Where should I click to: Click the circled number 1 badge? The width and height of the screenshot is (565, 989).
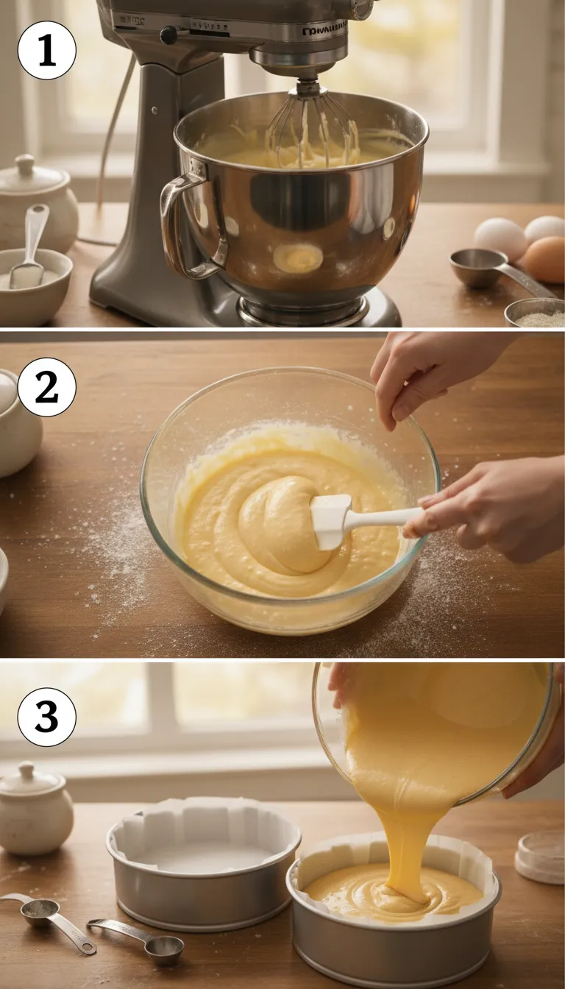pyautogui.click(x=46, y=50)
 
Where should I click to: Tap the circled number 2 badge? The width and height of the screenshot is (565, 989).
pyautogui.click(x=46, y=387)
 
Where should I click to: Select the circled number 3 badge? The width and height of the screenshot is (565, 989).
pyautogui.click(x=46, y=717)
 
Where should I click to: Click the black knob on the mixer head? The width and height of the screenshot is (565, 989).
pyautogui.click(x=168, y=35)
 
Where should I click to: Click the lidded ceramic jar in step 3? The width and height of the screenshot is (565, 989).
pyautogui.click(x=35, y=809)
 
